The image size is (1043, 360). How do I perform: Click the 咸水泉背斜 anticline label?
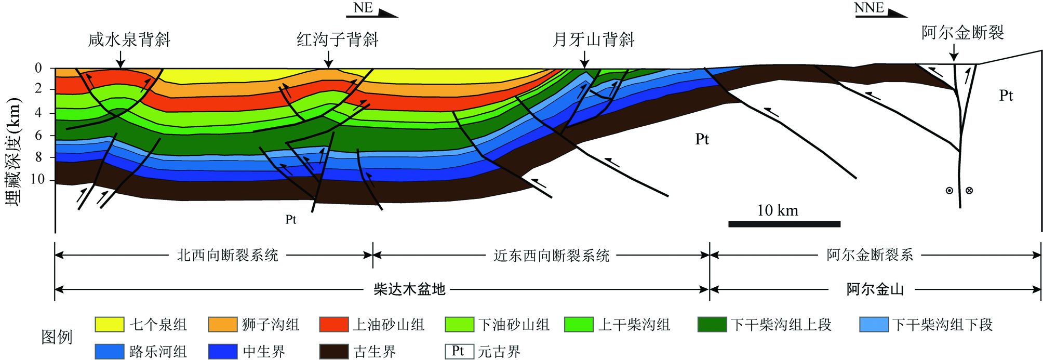129,39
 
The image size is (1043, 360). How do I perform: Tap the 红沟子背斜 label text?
338,39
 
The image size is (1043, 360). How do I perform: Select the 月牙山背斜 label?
594,39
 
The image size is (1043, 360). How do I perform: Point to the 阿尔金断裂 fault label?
962,33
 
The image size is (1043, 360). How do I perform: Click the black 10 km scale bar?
784,224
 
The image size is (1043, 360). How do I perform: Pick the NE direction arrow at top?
372,10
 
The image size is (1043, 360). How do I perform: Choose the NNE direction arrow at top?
881,10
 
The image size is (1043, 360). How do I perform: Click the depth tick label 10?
38,179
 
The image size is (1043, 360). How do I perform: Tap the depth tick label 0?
38,68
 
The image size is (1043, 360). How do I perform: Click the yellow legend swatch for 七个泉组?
110,325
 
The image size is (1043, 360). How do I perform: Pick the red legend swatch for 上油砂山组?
333,325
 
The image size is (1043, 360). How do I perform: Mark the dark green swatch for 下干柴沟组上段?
712,325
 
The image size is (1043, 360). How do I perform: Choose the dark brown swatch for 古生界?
333,351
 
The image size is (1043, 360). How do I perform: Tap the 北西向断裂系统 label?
228,255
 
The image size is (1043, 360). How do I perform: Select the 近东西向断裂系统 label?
552,255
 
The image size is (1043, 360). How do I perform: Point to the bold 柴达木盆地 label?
409,289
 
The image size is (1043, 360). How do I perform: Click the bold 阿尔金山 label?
875,289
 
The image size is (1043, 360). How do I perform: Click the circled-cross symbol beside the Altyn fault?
969,191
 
